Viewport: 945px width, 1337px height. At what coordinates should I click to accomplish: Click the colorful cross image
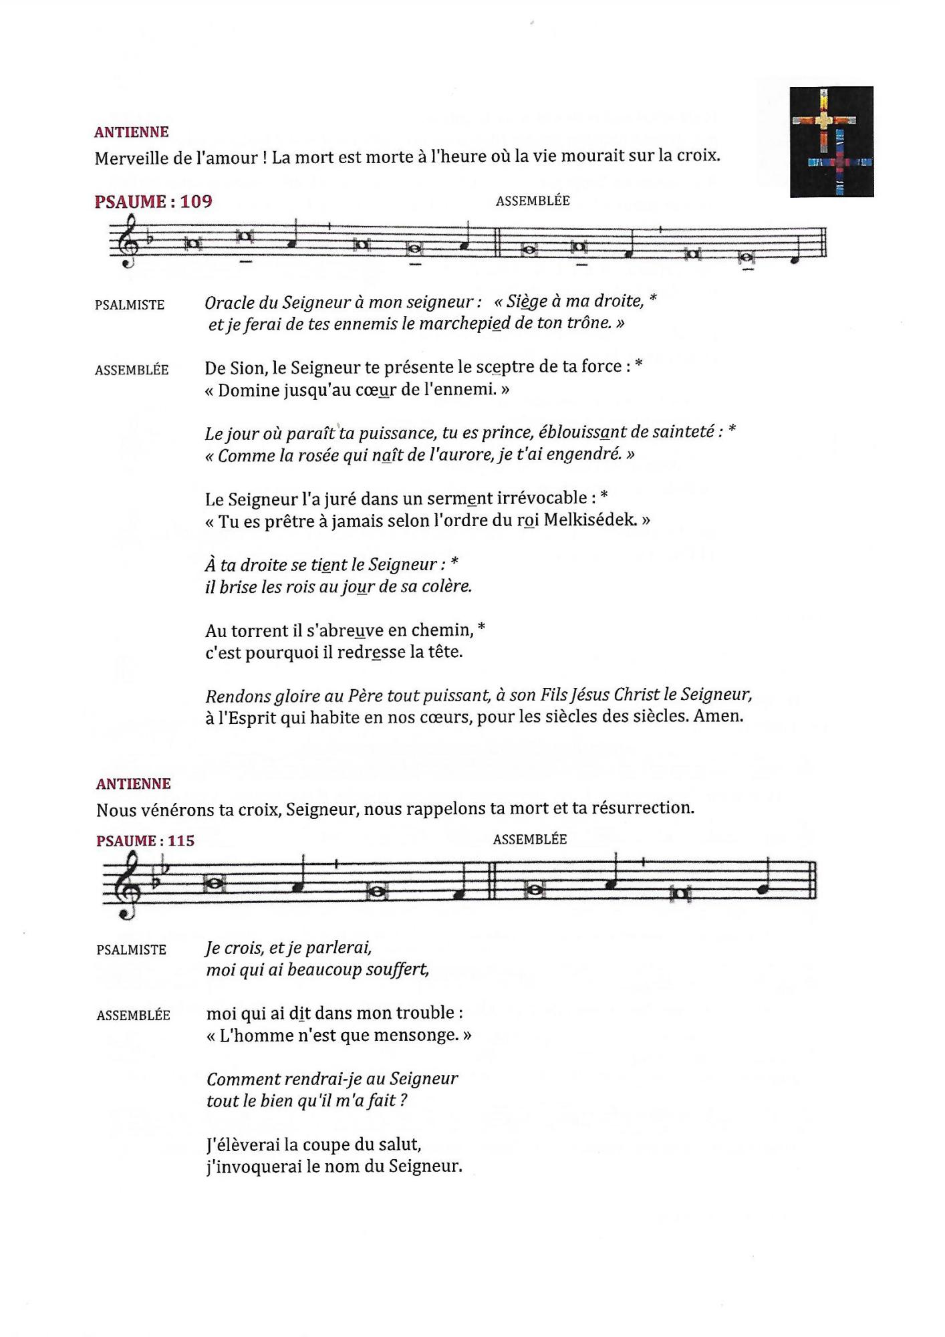(831, 142)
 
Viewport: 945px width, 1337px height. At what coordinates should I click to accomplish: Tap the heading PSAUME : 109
(153, 201)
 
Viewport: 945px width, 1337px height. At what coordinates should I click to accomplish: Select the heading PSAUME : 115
(145, 841)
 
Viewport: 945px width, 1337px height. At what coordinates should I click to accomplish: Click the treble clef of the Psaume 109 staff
(125, 242)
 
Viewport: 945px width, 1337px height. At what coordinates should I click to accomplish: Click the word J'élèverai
(243, 1144)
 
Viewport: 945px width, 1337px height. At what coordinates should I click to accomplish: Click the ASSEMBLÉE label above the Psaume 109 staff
(532, 201)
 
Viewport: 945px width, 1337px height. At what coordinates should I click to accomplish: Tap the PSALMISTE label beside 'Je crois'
(131, 950)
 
